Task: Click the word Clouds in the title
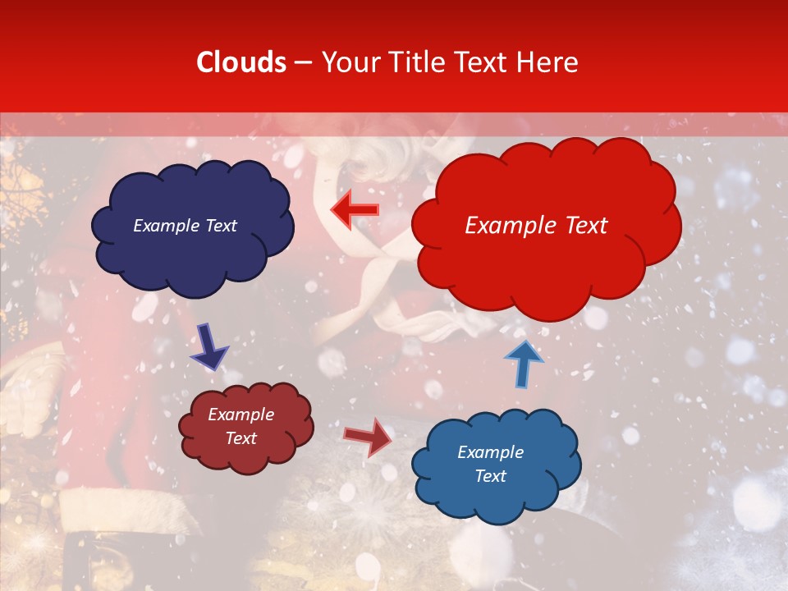pos(241,62)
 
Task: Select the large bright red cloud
pos(546,263)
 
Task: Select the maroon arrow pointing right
pos(369,437)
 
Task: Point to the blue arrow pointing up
pos(523,363)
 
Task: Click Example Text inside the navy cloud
pos(185,226)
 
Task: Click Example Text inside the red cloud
pos(536,226)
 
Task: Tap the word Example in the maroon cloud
pos(241,415)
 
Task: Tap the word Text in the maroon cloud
pos(241,438)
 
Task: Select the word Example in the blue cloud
pos(490,452)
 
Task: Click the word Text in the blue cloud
pos(490,476)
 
